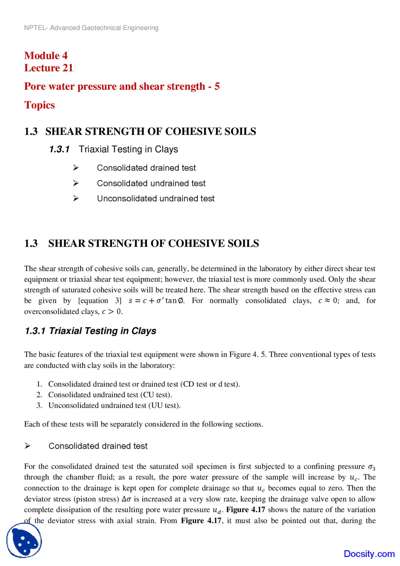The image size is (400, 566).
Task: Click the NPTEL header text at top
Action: click(91, 28)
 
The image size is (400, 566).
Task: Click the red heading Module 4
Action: click(46, 56)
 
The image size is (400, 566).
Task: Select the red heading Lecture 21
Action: click(48, 68)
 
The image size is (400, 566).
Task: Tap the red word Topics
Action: click(39, 105)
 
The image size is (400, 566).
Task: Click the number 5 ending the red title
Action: click(217, 86)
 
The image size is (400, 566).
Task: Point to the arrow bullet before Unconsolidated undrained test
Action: click(76, 198)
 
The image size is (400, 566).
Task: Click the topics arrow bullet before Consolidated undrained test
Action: click(76, 183)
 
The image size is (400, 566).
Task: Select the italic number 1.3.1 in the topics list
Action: click(59, 149)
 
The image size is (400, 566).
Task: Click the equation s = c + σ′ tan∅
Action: click(156, 301)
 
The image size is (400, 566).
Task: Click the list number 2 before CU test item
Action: click(39, 395)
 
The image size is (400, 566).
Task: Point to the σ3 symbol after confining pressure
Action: click(371, 467)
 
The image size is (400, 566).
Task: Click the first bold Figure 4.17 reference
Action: click(246, 510)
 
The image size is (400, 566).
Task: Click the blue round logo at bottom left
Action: click(24, 540)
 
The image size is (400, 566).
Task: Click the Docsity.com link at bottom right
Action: click(369, 554)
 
